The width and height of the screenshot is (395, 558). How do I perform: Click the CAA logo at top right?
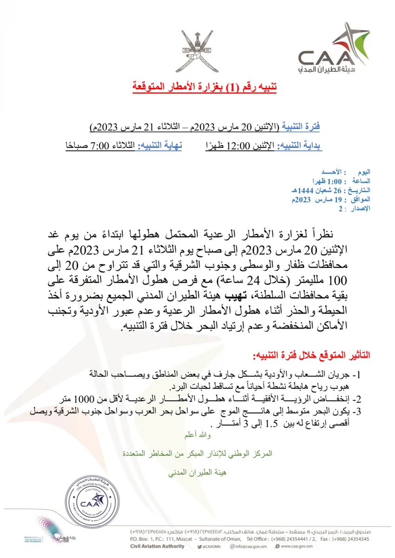pos(326,52)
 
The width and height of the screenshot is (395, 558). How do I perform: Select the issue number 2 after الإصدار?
pos(340,210)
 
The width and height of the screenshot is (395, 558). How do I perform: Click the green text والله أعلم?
pos(195,435)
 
